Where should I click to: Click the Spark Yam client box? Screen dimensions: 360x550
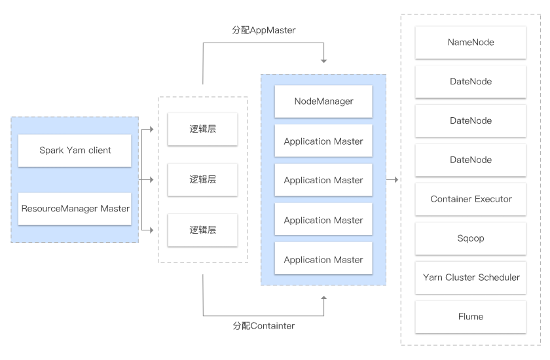[x=75, y=151]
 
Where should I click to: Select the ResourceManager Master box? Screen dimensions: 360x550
[x=75, y=209]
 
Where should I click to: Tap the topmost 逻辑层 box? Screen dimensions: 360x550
[x=203, y=129]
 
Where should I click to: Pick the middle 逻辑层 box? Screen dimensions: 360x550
[x=203, y=179]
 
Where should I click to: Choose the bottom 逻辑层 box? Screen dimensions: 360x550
[x=203, y=230]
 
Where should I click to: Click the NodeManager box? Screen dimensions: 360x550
[x=323, y=101]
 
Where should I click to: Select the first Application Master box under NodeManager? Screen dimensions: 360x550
[x=323, y=141]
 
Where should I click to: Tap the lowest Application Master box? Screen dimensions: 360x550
[x=323, y=260]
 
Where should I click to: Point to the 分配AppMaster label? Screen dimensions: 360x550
[x=264, y=31]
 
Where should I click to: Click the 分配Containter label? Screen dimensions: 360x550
[x=264, y=325]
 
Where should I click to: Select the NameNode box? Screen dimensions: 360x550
[x=471, y=43]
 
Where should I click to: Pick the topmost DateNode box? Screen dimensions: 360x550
[x=471, y=82]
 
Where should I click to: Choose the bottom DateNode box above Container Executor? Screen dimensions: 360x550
[x=471, y=160]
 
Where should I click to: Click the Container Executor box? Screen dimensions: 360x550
[x=471, y=199]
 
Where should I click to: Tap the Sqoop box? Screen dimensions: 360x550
[x=471, y=238]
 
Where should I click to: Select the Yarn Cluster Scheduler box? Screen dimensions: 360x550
[x=471, y=278]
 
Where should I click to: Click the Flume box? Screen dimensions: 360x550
[x=471, y=317]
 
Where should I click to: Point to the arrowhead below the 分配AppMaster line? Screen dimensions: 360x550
[x=323, y=61]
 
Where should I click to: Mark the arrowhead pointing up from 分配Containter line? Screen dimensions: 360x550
[x=323, y=298]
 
